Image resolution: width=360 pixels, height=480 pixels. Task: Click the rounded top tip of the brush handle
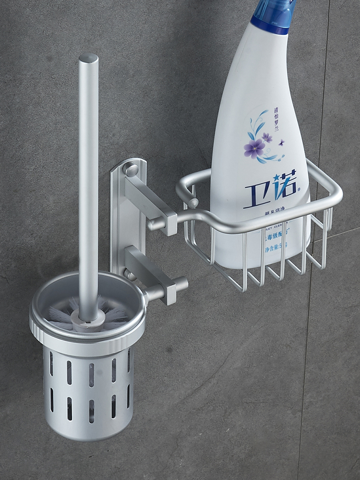pyautogui.click(x=88, y=59)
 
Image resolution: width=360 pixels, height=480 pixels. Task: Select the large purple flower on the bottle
pyautogui.click(x=254, y=148)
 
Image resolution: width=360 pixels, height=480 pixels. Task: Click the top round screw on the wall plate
pyautogui.click(x=131, y=169)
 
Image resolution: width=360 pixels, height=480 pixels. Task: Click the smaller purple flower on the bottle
pyautogui.click(x=267, y=137)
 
